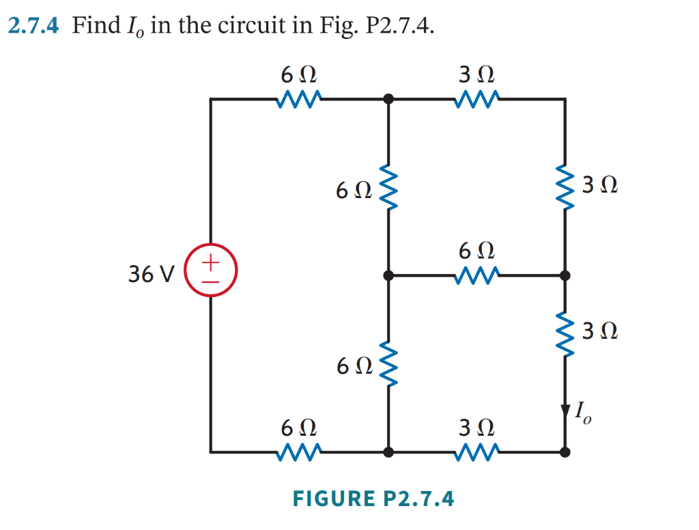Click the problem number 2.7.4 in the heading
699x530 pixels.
click(35, 27)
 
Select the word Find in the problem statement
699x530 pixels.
click(96, 27)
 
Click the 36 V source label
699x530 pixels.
click(152, 275)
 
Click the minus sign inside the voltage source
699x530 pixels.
click(212, 281)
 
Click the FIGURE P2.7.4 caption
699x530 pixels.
click(373, 499)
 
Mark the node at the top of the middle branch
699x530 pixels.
click(388, 99)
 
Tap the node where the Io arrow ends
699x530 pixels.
click(565, 451)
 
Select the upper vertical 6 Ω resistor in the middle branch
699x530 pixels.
click(388, 187)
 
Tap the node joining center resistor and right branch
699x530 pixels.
click(565, 276)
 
